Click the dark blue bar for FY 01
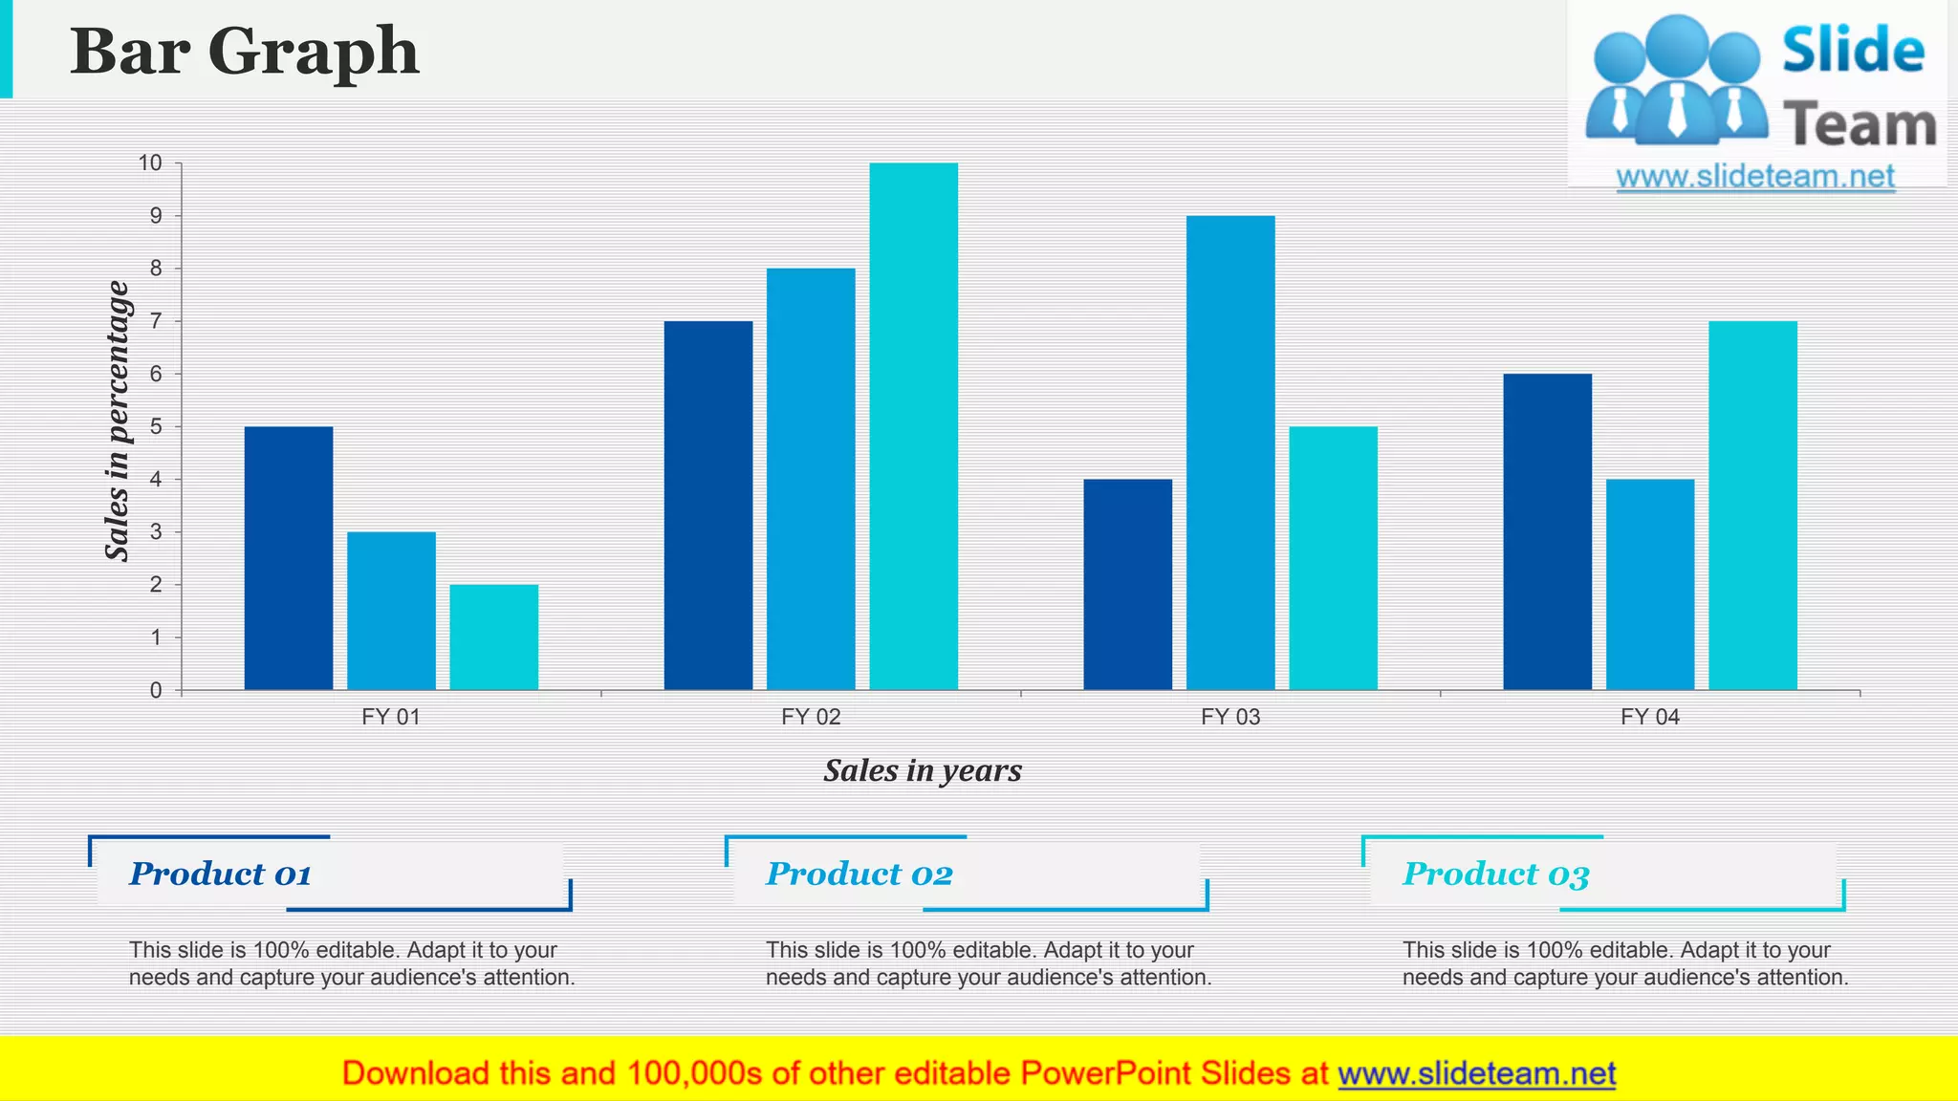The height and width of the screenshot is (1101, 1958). [x=289, y=558]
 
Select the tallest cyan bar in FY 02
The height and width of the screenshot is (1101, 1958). [x=913, y=426]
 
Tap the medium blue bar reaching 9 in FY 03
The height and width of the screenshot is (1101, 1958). [x=1230, y=453]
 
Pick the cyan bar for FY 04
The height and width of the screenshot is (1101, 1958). [x=1752, y=506]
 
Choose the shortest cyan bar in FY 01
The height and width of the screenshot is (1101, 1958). [x=493, y=637]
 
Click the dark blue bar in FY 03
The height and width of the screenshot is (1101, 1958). [x=1127, y=585]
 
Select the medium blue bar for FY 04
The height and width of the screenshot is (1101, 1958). [x=1650, y=585]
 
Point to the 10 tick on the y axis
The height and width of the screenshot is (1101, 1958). [x=151, y=163]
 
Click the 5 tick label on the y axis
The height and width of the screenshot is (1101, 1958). [x=156, y=427]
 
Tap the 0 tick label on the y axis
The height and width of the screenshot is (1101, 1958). [x=156, y=691]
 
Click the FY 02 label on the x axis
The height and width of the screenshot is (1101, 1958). [x=811, y=717]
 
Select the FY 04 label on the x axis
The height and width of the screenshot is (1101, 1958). [x=1650, y=717]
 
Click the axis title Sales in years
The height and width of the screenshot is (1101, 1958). [x=923, y=770]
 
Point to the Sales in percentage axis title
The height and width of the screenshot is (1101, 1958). [x=117, y=421]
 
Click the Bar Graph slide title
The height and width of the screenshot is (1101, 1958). [x=245, y=52]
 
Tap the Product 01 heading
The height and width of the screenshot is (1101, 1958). [x=221, y=874]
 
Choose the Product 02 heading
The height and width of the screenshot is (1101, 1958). [x=859, y=874]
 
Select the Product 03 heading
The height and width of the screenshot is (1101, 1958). [x=1496, y=874]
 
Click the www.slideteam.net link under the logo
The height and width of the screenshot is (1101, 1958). [x=1755, y=177]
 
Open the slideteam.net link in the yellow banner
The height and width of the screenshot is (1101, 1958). [x=1476, y=1073]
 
